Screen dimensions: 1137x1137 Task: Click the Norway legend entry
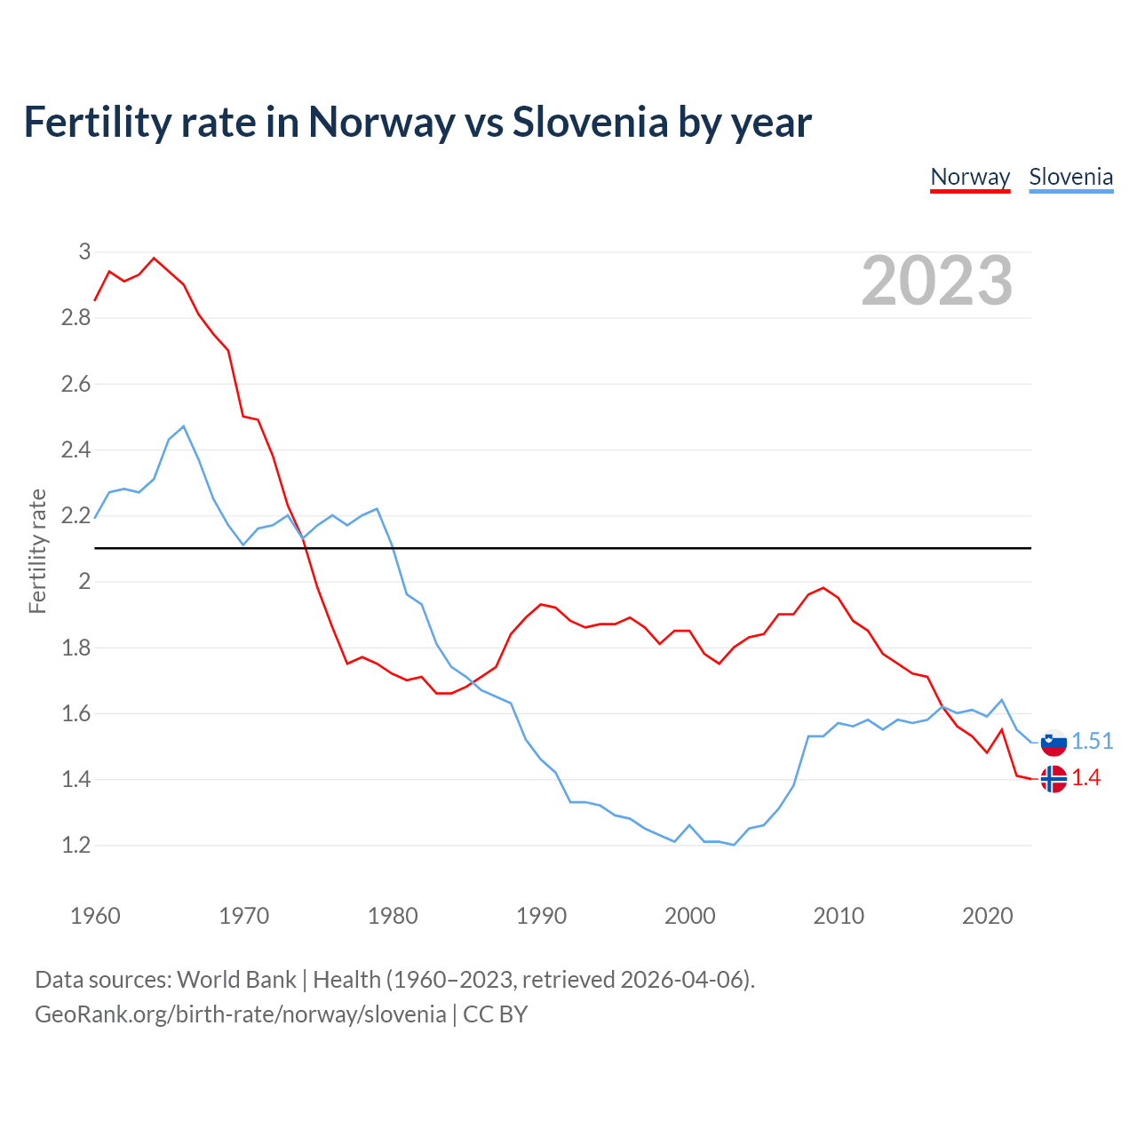pos(970,177)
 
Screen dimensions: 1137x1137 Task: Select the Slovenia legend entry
pos(1070,177)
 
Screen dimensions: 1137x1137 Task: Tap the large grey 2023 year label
pos(937,281)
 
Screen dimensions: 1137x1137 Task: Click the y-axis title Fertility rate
pos(37,551)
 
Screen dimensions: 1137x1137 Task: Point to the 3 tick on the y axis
pos(84,252)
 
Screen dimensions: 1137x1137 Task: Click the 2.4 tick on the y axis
pos(76,450)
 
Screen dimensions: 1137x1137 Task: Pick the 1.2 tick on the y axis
pos(76,846)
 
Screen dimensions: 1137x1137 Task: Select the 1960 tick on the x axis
pos(95,916)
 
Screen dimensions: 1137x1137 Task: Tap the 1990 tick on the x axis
pos(541,916)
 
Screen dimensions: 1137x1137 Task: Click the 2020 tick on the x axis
pos(987,916)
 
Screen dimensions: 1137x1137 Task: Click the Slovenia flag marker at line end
pos(1054,742)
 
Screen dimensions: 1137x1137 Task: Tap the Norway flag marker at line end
pos(1054,779)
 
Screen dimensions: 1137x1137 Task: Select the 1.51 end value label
pos(1092,741)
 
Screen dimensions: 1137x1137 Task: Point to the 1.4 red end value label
pos(1085,778)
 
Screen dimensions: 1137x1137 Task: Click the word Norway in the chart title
pos(380,123)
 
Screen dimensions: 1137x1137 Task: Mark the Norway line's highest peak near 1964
pos(154,258)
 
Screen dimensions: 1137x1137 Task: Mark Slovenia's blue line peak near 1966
pos(183,426)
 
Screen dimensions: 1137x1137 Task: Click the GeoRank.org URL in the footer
pos(240,1014)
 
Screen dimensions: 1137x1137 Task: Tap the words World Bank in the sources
pos(236,980)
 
